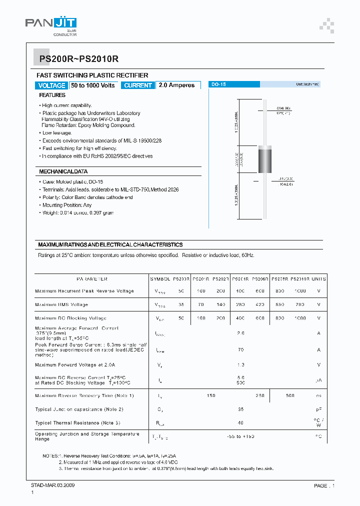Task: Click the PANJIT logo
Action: [x=51, y=24]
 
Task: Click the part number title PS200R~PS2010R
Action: [x=78, y=59]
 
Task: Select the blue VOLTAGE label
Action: [x=51, y=85]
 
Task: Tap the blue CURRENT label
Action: [x=137, y=85]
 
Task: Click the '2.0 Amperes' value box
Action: [x=177, y=85]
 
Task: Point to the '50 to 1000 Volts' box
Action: [x=93, y=85]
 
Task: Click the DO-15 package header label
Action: [x=218, y=85]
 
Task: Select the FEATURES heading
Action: [x=52, y=95]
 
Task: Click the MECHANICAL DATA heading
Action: [x=63, y=172]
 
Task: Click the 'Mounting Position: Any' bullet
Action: [x=66, y=205]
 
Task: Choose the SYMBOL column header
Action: [x=160, y=279]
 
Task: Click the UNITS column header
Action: [x=318, y=279]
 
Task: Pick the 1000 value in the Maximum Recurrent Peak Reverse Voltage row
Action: [x=299, y=291]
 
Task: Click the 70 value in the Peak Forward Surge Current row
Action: [x=240, y=350]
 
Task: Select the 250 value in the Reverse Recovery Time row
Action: [x=260, y=395]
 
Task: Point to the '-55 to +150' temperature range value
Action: [x=240, y=436]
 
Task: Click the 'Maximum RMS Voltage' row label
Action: [x=61, y=304]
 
